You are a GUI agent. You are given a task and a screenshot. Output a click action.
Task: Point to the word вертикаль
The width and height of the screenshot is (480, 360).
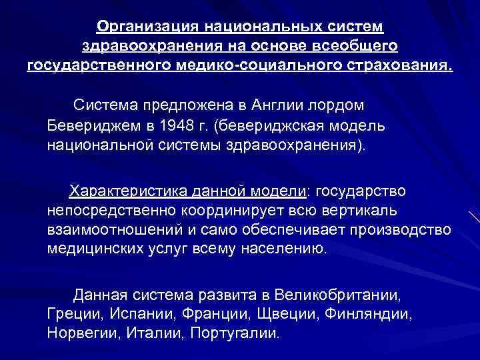click(359, 211)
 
